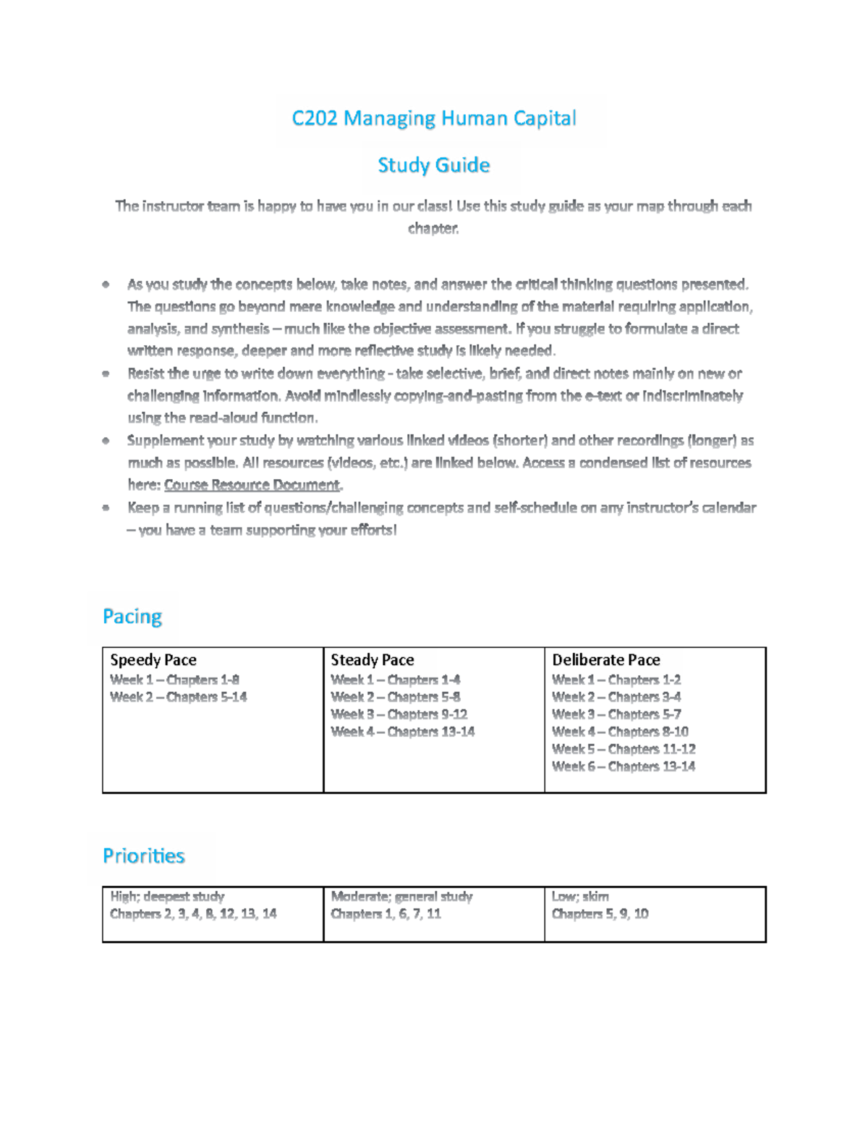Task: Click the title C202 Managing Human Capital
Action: (433, 118)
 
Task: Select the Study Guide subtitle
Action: (433, 165)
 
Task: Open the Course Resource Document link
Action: (252, 485)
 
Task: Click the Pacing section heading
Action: (132, 617)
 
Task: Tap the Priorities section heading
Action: (143, 856)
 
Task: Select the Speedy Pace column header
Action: (153, 660)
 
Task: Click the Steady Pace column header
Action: (372, 660)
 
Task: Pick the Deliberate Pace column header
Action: (605, 660)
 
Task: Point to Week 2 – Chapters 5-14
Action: (178, 697)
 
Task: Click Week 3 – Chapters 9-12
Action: (399, 714)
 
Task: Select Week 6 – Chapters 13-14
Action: (623, 766)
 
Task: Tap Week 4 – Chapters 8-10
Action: (620, 732)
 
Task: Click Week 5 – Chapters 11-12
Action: (623, 749)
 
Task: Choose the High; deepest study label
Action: (167, 897)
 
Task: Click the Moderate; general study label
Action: (401, 897)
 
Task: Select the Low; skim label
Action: (579, 897)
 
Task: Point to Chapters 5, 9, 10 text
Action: (600, 914)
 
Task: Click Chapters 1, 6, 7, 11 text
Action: (386, 914)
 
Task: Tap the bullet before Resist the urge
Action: (106, 374)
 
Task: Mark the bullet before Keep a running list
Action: (106, 508)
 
